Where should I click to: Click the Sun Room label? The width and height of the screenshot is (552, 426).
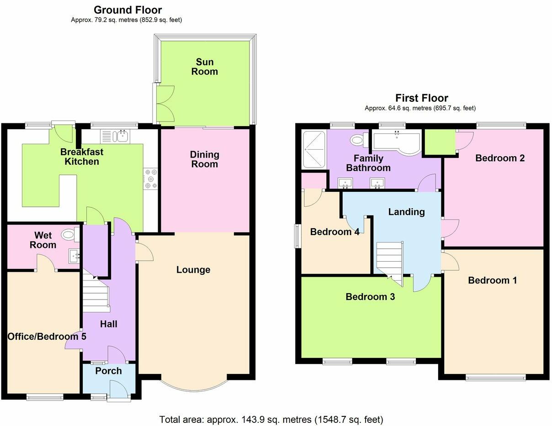coord(204,67)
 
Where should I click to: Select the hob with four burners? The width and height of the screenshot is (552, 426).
coord(151,179)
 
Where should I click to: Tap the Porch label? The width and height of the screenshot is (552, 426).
coord(108,371)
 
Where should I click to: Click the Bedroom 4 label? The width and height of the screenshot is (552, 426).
coord(334,232)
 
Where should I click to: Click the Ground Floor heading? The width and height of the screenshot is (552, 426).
coord(127,10)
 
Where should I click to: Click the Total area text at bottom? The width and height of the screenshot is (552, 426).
coord(271,419)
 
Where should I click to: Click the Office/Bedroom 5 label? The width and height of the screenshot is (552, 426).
coord(47,337)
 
